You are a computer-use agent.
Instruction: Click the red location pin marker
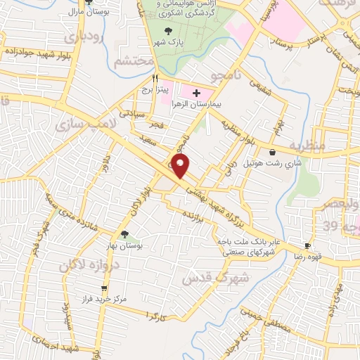click(x=181, y=167)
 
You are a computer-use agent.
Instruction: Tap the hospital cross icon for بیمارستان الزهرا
click(x=196, y=92)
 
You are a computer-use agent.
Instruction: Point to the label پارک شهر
click(x=167, y=42)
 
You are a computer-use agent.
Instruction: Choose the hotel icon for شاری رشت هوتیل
click(x=272, y=152)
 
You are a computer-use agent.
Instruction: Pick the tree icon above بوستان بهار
click(x=124, y=234)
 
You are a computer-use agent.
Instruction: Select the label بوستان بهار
click(x=125, y=245)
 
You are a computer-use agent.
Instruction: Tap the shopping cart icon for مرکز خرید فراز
click(x=105, y=288)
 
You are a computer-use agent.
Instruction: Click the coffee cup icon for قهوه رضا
click(x=307, y=245)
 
